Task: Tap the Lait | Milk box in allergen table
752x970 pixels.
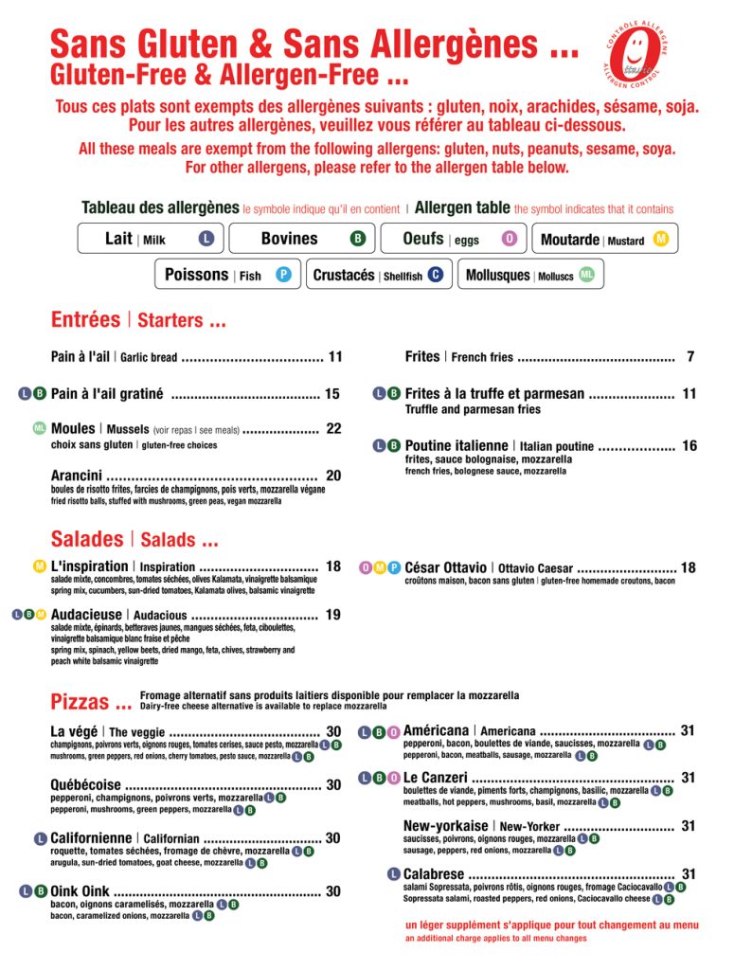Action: tap(151, 239)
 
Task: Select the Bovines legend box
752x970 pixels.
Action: tap(302, 239)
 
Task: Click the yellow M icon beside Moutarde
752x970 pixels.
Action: tap(661, 239)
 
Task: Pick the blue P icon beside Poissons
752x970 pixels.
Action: tap(282, 275)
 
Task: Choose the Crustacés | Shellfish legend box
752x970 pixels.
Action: tap(378, 275)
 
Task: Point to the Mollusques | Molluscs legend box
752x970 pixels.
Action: tap(531, 275)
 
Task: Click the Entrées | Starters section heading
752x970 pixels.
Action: tap(138, 320)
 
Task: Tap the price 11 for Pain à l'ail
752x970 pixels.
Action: tap(335, 357)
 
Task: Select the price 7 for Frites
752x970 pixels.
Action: tap(691, 357)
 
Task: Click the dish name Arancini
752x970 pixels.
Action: tap(76, 476)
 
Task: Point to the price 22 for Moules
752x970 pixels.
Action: tap(333, 429)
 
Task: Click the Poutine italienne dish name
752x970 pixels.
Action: tap(457, 445)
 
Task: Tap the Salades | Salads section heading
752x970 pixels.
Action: tap(134, 540)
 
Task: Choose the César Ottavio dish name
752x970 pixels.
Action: tap(445, 567)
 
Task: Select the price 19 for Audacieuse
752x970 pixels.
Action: tap(333, 615)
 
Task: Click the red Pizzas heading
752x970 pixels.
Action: tap(91, 703)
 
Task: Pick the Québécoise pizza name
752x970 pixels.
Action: tap(85, 784)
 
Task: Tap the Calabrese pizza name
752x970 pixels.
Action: tap(434, 874)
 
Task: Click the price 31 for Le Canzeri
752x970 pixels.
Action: tap(689, 778)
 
